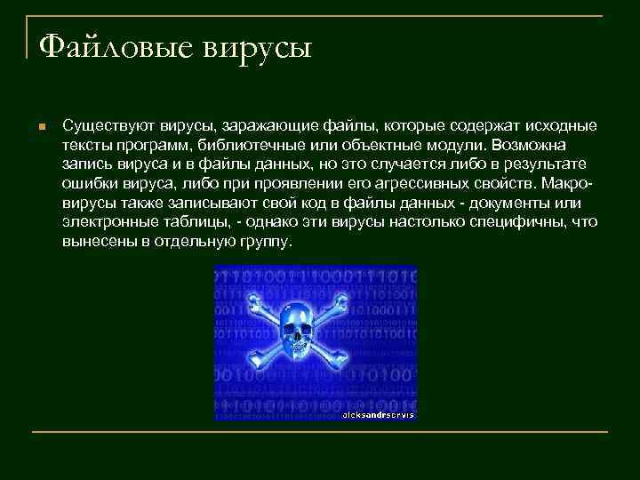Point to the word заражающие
coord(262,124)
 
